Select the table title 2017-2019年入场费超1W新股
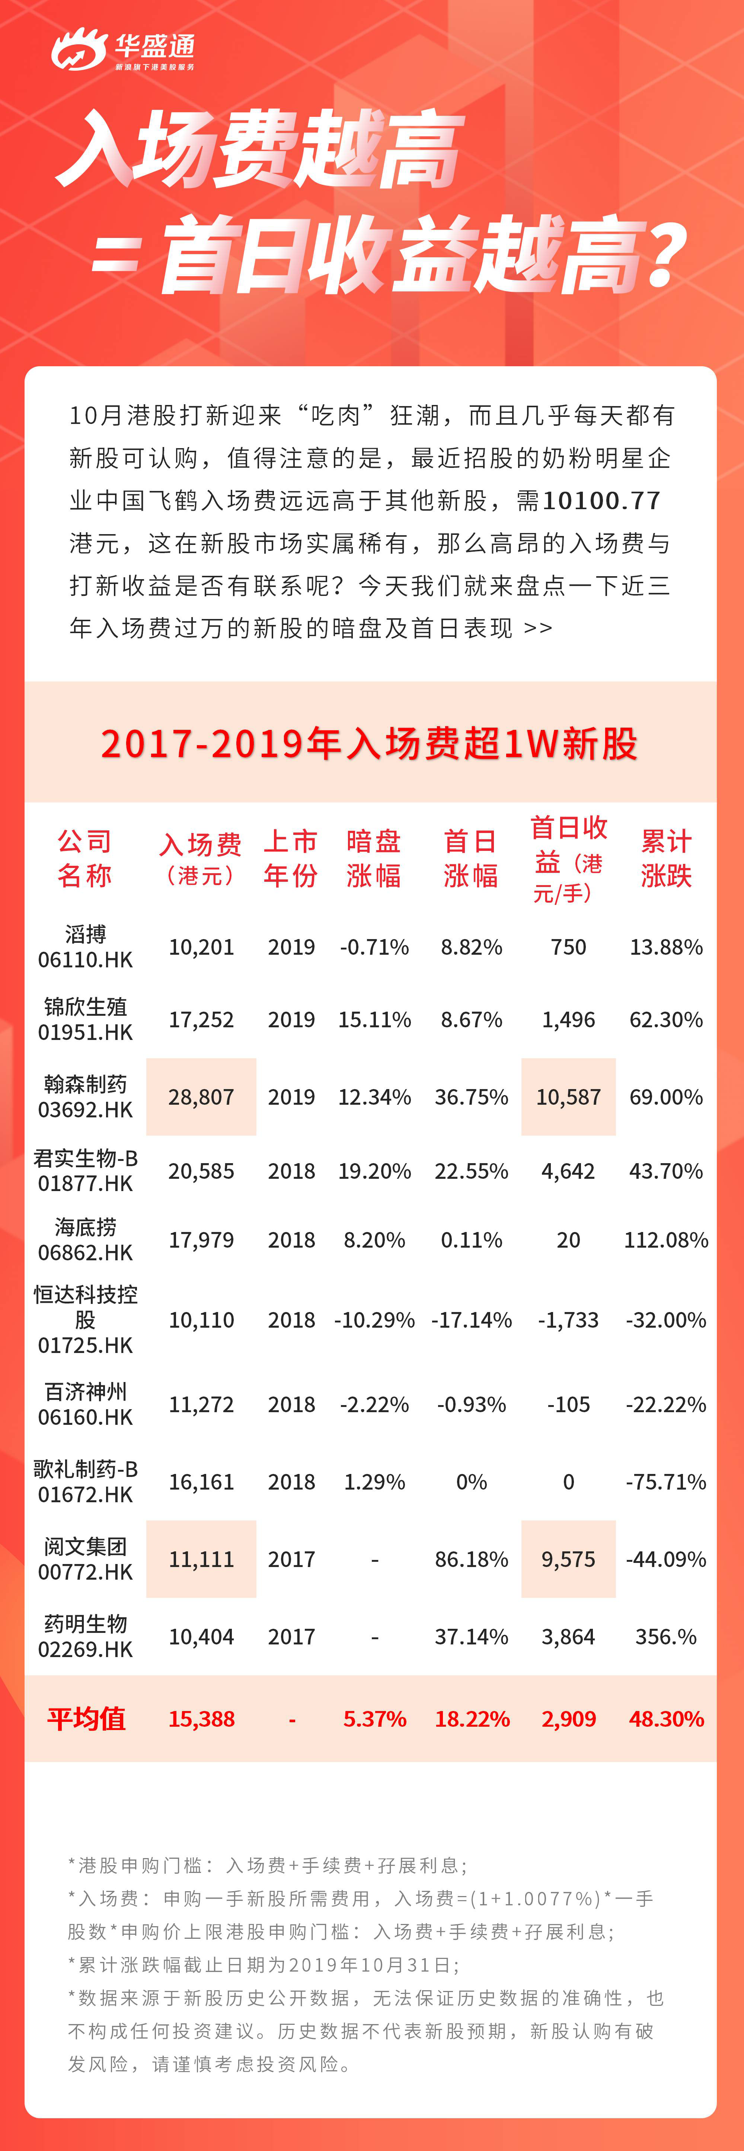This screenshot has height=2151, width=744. [x=370, y=743]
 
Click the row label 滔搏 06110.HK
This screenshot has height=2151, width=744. [x=85, y=947]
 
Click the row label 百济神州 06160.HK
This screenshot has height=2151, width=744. [x=85, y=1404]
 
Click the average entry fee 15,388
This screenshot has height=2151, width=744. [x=201, y=1718]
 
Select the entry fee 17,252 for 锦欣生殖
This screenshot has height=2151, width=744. [x=201, y=1019]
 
